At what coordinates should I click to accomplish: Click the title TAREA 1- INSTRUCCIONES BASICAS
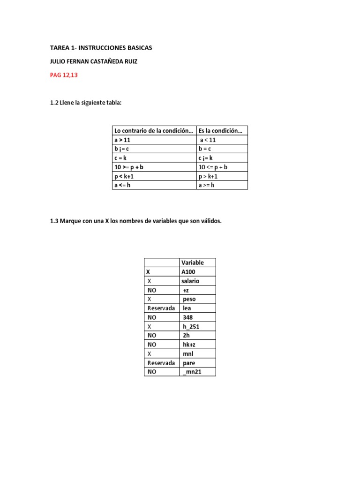101,48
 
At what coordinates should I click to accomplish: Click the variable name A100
189,272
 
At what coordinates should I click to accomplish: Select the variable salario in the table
190,281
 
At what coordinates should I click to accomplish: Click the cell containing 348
188,317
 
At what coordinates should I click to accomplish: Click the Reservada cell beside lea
161,308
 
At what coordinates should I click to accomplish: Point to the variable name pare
189,363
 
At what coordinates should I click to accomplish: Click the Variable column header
192,262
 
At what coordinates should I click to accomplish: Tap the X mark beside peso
150,299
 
